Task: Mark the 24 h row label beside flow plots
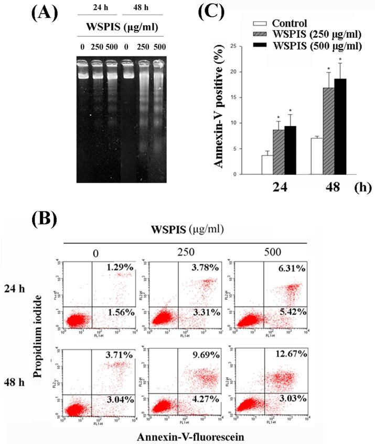tap(22, 289)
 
